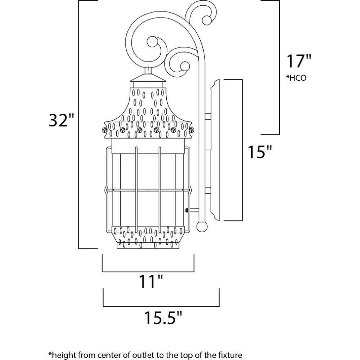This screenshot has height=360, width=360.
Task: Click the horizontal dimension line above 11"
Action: (148, 271)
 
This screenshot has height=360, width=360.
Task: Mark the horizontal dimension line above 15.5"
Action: (161, 304)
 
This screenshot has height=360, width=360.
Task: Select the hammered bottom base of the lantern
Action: (149, 237)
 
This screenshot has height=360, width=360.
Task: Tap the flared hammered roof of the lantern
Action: (148, 108)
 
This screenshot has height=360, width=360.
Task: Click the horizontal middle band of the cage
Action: (148, 190)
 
